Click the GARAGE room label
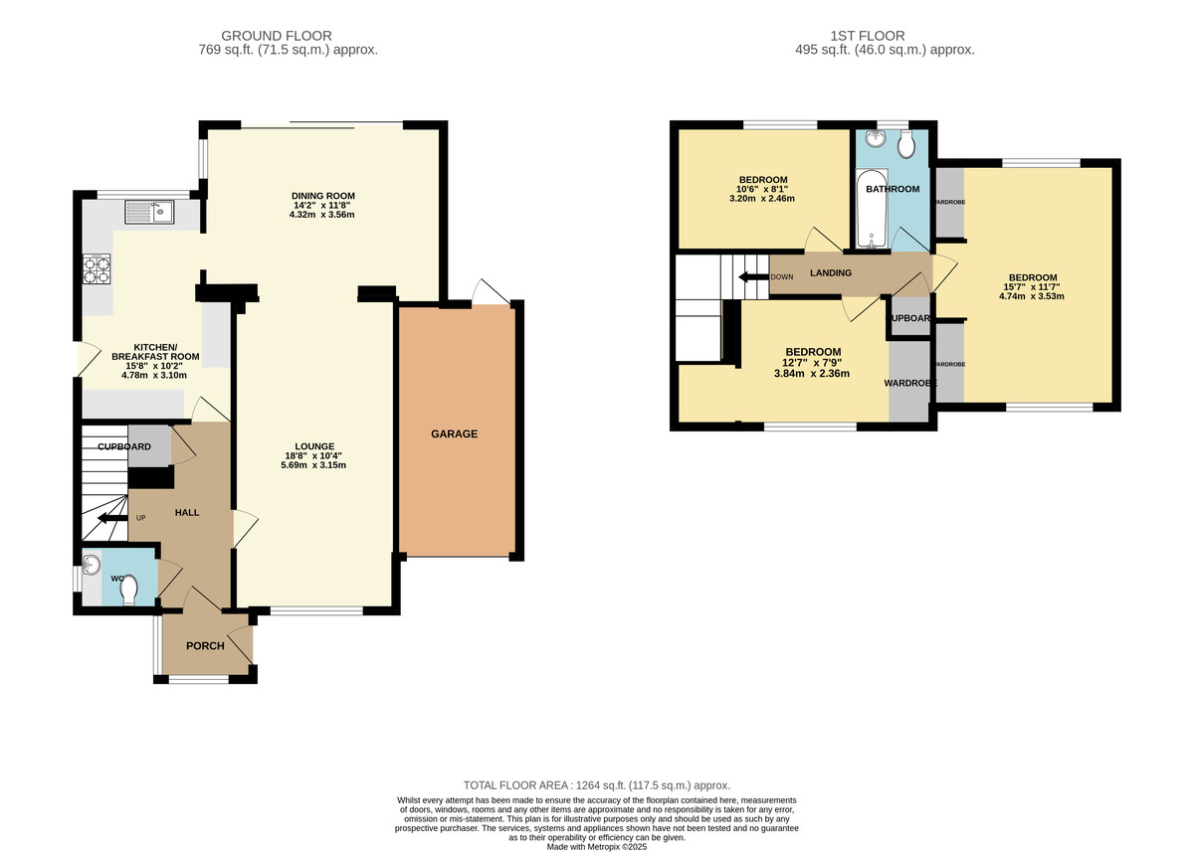[x=454, y=433]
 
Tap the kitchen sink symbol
[x=149, y=212]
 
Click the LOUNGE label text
[x=313, y=446]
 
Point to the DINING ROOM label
[x=322, y=195]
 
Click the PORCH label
[x=205, y=645]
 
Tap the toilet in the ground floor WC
[x=128, y=592]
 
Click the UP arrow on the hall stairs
[x=109, y=517]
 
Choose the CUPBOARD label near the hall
[x=123, y=447]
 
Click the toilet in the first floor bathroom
[x=905, y=146]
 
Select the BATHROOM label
[x=892, y=189]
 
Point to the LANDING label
[x=830, y=272]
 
